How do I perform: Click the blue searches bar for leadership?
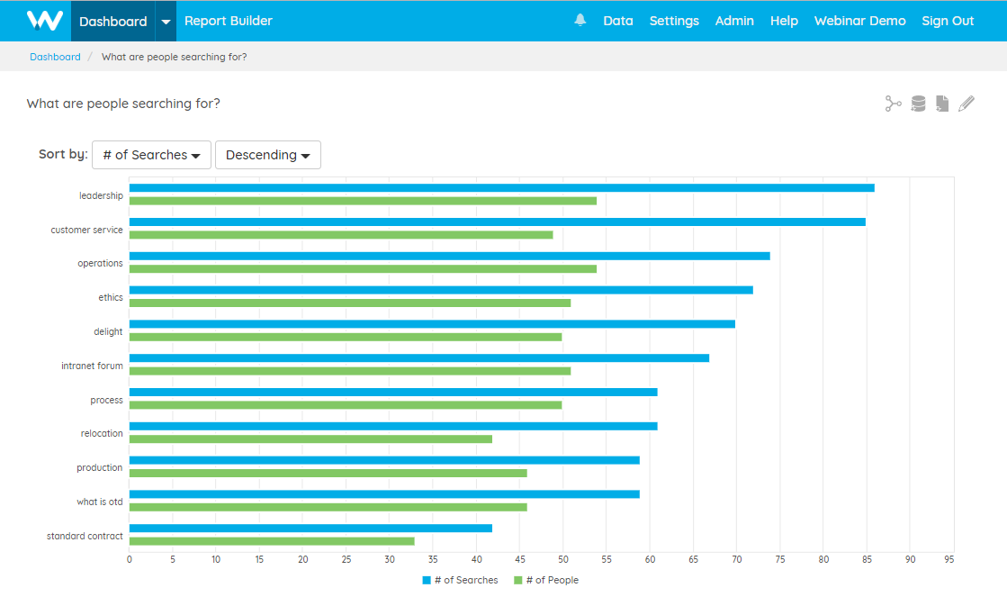501,188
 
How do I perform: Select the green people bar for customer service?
341,235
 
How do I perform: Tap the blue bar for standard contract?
310,529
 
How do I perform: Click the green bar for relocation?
310,439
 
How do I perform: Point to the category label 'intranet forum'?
92,366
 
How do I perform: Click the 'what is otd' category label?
99,502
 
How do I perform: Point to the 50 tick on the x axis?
563,560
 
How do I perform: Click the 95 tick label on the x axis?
949,560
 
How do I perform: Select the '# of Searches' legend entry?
460,581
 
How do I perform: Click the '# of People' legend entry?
546,581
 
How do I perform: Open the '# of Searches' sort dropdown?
151,155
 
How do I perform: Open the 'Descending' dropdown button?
267,155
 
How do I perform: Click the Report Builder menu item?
228,21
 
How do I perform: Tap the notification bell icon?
580,20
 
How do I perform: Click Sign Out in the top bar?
948,21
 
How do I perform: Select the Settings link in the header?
674,21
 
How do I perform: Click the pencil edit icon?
967,104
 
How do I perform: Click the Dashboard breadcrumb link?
55,57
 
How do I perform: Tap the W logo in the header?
45,21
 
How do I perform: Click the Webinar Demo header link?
859,21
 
